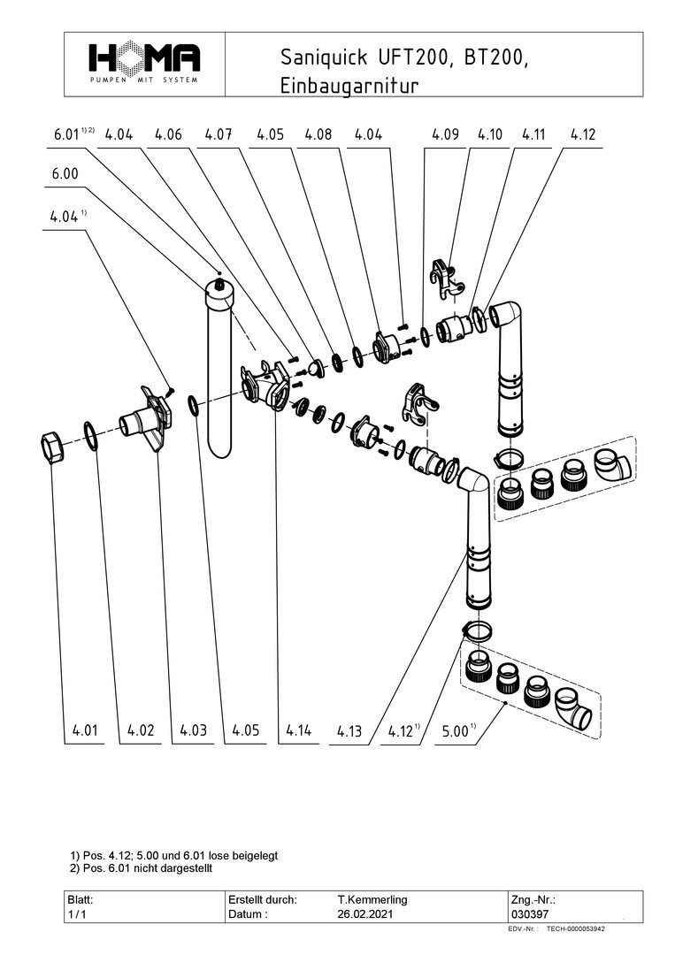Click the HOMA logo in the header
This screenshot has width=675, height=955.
click(x=144, y=62)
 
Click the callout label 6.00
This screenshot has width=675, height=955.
click(x=65, y=175)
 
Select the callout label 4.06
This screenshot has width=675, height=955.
click(x=168, y=135)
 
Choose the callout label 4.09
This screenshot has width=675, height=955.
click(x=445, y=135)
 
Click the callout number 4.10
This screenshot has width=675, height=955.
click(x=489, y=135)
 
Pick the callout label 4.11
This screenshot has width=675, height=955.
click(x=533, y=135)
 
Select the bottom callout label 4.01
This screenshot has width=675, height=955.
click(x=86, y=731)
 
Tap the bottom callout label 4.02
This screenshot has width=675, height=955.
click(x=141, y=731)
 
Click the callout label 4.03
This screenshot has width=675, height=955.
click(x=193, y=731)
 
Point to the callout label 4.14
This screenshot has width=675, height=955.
click(x=300, y=731)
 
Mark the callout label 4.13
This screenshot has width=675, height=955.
click(x=349, y=732)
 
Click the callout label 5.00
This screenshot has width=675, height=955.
click(x=456, y=732)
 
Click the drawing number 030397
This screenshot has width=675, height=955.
click(x=529, y=914)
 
